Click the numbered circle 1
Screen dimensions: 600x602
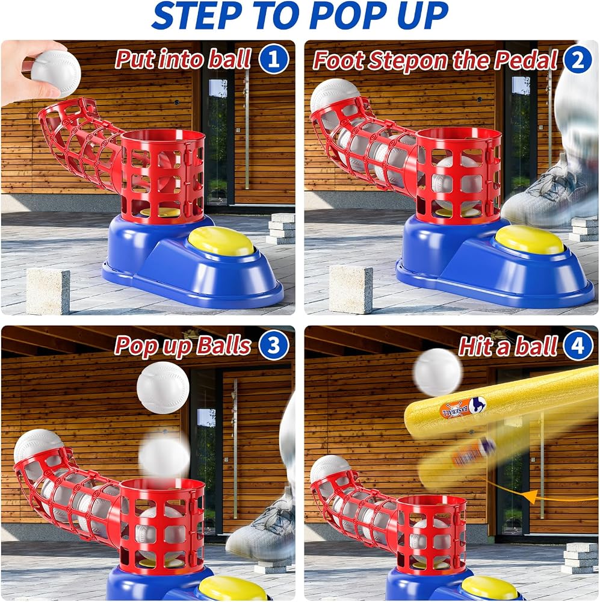[273, 59]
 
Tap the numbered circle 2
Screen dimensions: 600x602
[578, 59]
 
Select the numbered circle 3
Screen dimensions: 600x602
[273, 345]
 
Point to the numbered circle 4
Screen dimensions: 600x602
[578, 345]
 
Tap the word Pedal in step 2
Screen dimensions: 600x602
[525, 60]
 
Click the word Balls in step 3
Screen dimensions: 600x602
[223, 345]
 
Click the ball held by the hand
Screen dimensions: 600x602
[56, 73]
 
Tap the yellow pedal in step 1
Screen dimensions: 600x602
[221, 242]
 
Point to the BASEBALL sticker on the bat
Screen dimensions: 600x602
[463, 408]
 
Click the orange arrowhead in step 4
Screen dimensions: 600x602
[530, 496]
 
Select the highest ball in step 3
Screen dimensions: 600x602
[162, 387]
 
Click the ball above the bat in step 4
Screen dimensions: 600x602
[438, 373]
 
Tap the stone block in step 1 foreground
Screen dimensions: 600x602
[48, 291]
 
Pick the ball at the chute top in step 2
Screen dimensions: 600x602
[335, 96]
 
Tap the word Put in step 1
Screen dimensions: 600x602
[135, 60]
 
